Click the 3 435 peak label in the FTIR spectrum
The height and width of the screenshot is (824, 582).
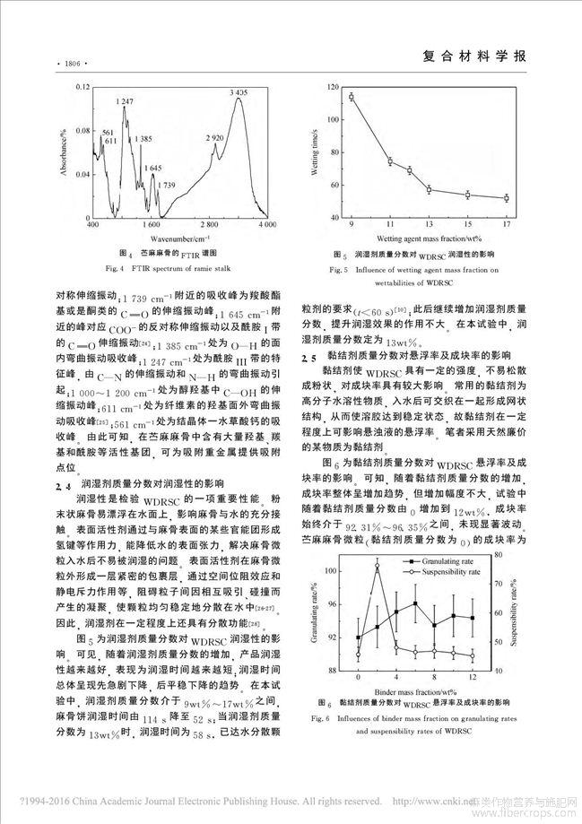click(239, 92)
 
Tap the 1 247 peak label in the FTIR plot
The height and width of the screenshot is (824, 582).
click(125, 102)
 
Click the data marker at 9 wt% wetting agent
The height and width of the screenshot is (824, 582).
click(352, 97)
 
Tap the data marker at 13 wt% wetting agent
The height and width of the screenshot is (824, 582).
click(429, 189)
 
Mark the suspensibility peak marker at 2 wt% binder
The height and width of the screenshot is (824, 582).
click(378, 564)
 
